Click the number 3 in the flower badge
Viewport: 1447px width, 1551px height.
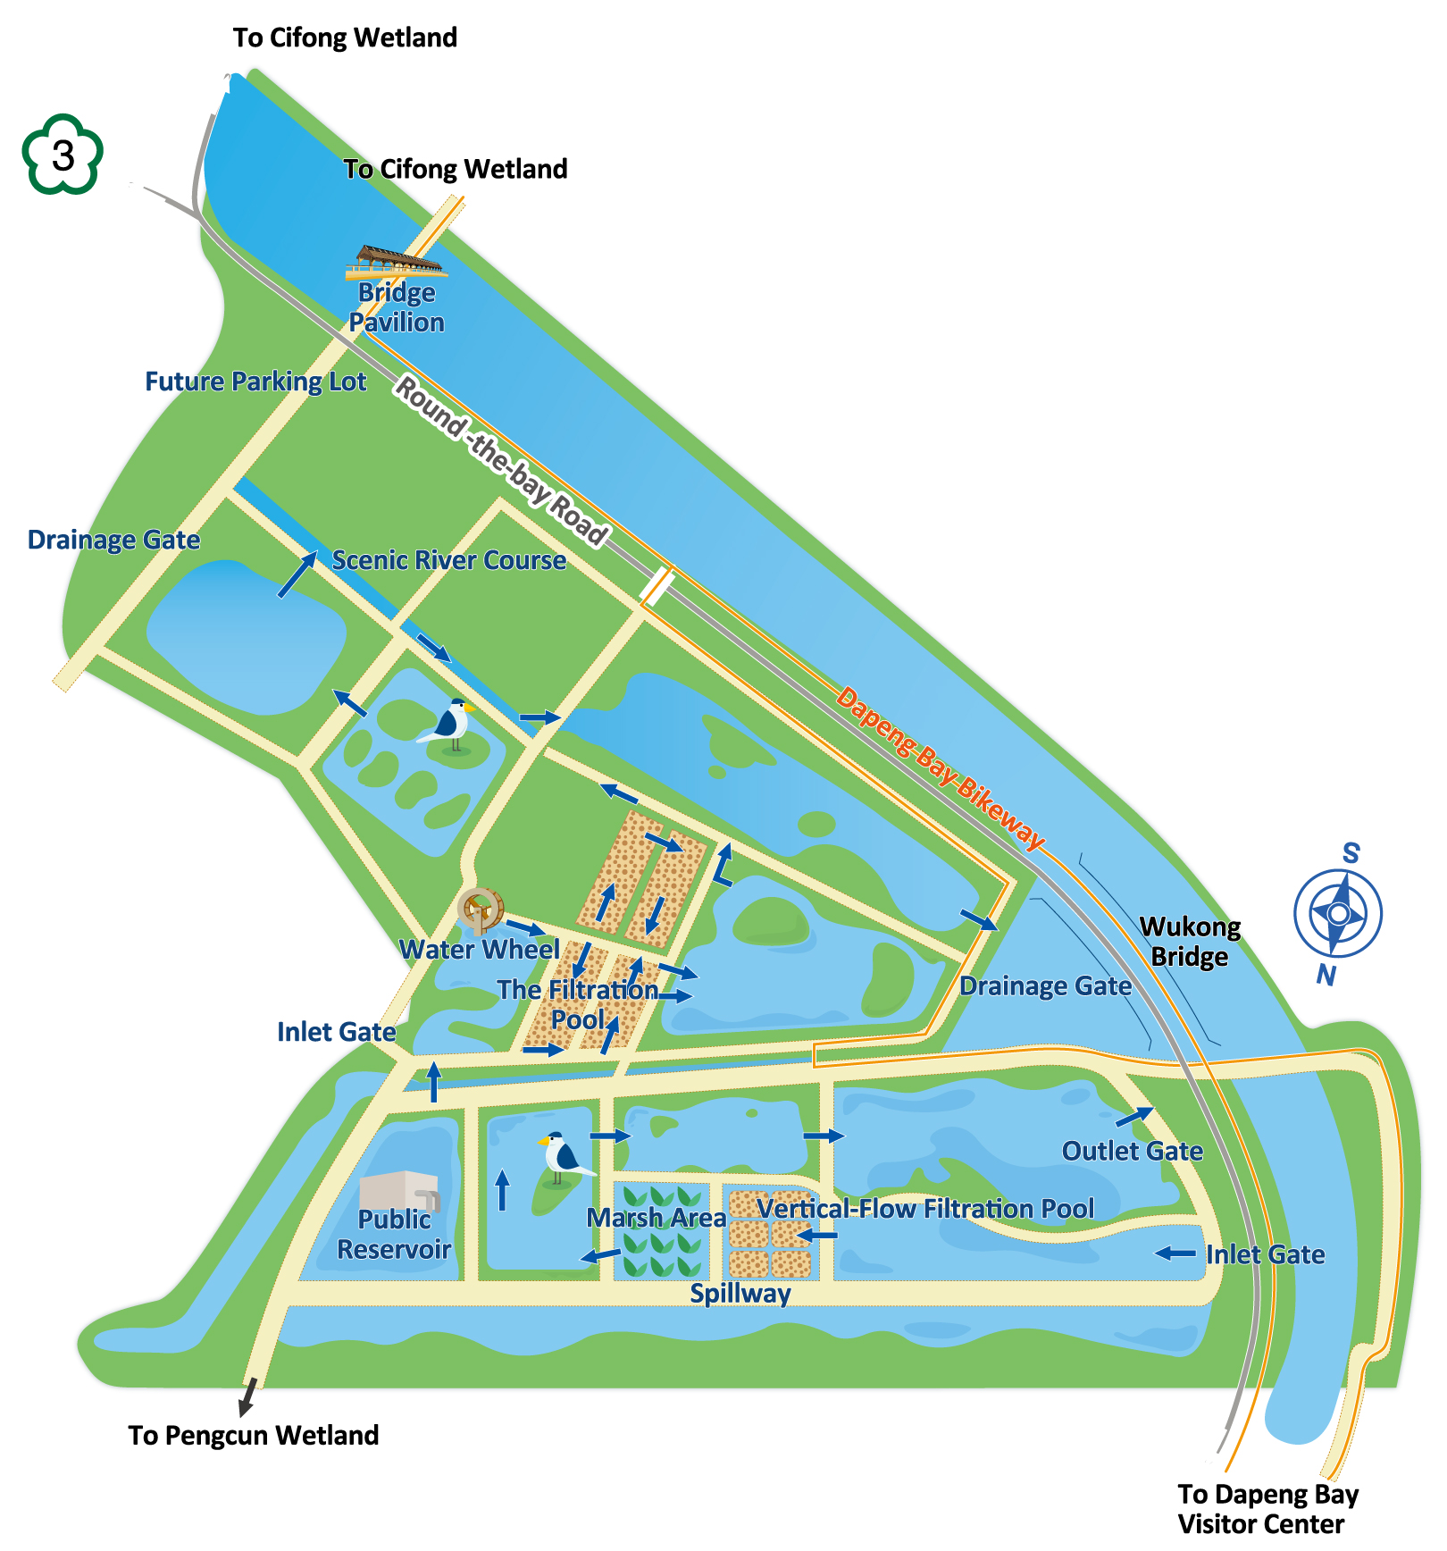63,155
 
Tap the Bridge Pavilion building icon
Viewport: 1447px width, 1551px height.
396,262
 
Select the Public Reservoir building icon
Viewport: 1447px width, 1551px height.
398,1191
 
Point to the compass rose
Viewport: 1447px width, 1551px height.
1337,913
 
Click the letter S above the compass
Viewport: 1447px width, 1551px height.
1351,853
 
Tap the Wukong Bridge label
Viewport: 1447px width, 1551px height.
1190,942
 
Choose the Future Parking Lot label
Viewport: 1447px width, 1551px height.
255,381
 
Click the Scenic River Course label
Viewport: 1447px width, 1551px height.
448,560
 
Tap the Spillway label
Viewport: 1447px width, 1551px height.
740,1293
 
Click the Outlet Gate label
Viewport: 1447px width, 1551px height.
1132,1151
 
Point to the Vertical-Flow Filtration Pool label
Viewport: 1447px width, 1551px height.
925,1209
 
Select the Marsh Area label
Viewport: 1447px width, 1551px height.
656,1218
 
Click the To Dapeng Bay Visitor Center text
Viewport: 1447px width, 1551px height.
1267,1509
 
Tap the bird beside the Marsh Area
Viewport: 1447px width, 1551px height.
563,1159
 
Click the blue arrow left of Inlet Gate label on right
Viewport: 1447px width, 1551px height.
1175,1253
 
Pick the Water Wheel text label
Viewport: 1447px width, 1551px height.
479,949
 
